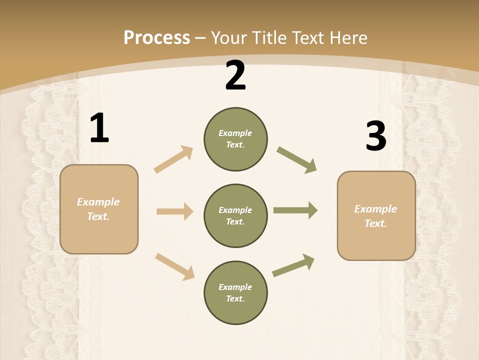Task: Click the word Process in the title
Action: pos(157,37)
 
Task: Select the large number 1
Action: pos(99,128)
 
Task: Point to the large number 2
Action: pos(236,76)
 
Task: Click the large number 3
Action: pos(376,136)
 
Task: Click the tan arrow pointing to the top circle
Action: pos(174,159)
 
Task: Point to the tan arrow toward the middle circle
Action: pos(175,211)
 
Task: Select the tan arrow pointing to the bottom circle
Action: pos(175,266)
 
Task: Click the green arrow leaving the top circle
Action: pos(296,160)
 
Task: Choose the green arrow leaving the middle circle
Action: pos(295,210)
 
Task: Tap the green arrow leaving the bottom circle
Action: pos(293,265)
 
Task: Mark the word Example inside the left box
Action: pos(98,202)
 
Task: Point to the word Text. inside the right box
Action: pos(376,223)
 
